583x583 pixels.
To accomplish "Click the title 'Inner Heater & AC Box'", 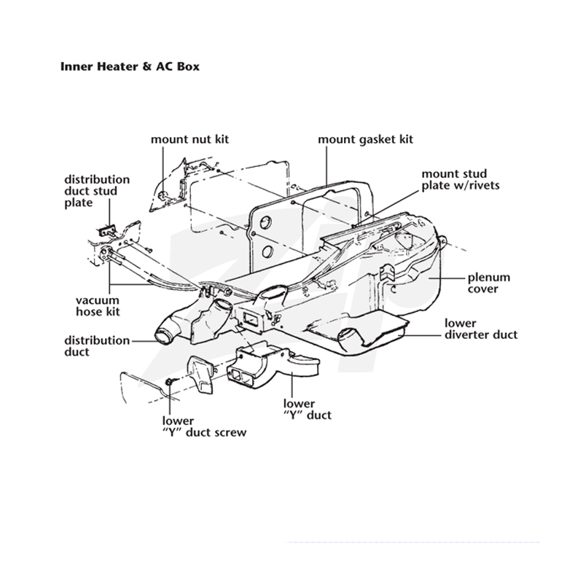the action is tap(130, 66).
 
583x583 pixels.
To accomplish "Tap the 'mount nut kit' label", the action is tap(189, 139).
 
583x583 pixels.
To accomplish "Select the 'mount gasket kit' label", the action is tap(366, 140).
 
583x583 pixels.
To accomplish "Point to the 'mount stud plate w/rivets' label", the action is tap(461, 179).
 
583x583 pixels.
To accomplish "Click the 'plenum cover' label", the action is tap(488, 283).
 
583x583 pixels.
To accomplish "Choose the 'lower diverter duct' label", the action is tap(481, 329).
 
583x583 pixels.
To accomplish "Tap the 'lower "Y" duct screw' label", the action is tap(204, 426).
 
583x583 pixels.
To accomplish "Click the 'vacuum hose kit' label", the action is tap(98, 305).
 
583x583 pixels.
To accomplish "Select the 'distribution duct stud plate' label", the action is tap(97, 191).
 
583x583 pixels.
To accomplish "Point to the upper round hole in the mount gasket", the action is tap(266, 223).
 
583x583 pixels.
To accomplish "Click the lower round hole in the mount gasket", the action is tap(267, 251).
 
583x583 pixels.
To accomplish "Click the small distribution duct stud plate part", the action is tap(106, 231).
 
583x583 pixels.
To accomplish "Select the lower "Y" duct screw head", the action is tap(169, 381).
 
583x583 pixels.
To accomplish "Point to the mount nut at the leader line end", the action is tap(163, 195).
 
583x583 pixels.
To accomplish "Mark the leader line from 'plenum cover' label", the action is tap(447, 278).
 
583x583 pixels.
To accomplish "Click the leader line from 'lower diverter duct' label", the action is tap(423, 335).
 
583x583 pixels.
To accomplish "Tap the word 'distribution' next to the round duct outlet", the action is tap(97, 340).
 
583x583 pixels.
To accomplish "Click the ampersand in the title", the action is tap(147, 66).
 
